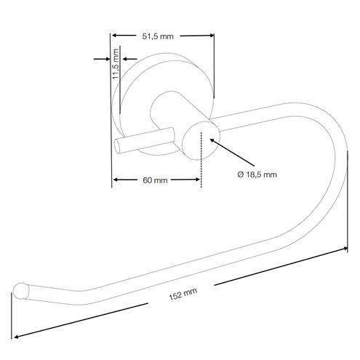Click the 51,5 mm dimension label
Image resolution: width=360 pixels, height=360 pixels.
click(158, 36)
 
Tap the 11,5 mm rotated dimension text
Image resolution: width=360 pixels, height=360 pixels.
click(116, 64)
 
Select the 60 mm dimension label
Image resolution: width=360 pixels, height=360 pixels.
click(155, 180)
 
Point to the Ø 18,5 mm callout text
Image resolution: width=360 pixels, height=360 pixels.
click(257, 175)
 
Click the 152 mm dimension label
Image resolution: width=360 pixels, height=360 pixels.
click(183, 294)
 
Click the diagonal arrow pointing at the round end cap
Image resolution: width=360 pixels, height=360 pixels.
click(232, 152)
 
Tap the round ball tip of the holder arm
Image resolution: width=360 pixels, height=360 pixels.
click(20, 291)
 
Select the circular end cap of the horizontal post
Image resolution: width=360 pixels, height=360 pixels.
click(201, 140)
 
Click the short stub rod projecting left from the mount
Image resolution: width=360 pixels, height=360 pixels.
click(144, 140)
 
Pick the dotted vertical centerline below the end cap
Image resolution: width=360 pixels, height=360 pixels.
click(201, 159)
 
